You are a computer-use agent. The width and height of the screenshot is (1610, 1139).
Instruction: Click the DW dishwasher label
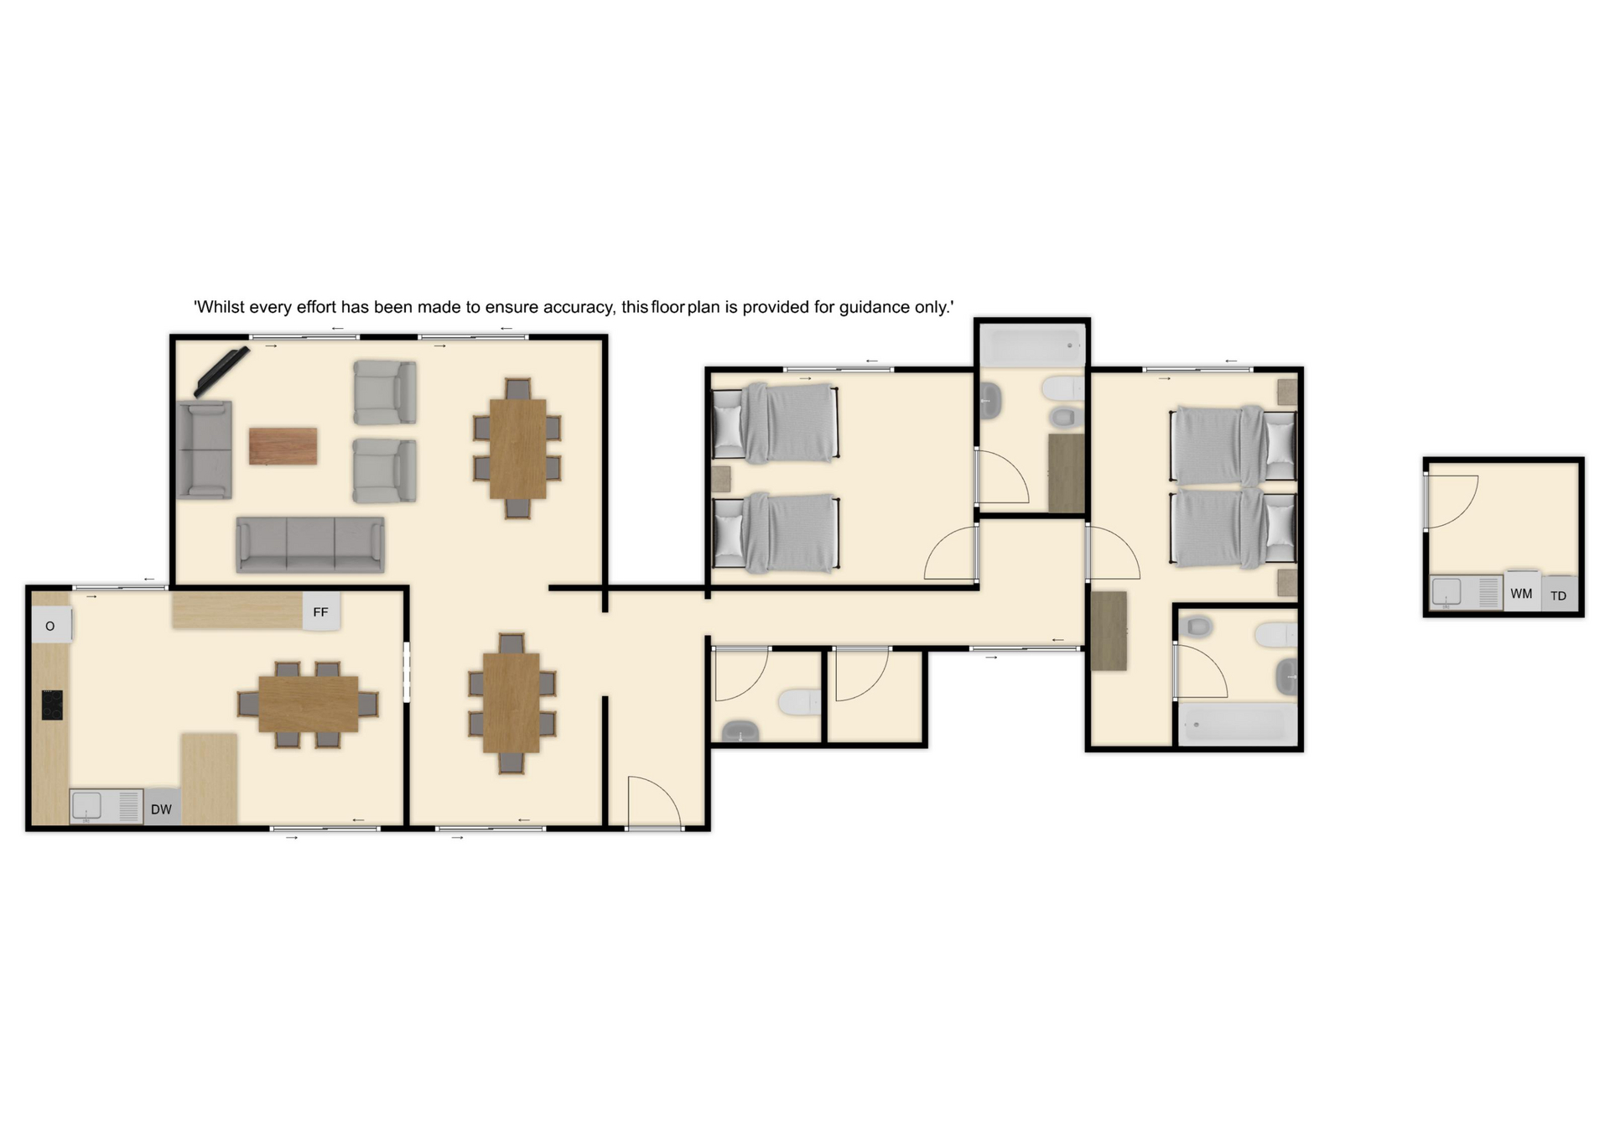[161, 809]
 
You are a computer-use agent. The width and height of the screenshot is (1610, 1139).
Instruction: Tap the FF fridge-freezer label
[320, 612]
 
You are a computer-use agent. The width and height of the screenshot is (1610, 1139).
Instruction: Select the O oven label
[49, 626]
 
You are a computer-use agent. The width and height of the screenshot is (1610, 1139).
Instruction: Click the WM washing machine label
[1521, 594]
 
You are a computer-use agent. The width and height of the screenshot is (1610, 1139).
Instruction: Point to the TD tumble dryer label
[1558, 596]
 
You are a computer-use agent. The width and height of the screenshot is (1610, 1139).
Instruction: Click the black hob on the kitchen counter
[52, 705]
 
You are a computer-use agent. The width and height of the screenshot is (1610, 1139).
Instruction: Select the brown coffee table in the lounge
[283, 445]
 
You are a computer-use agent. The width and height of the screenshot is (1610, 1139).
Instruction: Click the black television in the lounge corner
[222, 371]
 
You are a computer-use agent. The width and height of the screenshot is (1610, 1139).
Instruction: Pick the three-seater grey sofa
[310, 544]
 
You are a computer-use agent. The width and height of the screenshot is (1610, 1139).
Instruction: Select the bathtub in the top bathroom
[1032, 345]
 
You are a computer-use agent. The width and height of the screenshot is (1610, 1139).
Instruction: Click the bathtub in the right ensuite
[1237, 724]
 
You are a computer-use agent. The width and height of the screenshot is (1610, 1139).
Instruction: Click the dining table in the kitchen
[308, 703]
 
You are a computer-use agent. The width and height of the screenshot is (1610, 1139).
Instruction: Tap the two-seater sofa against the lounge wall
[204, 450]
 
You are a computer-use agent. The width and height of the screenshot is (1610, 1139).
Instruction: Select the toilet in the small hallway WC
[799, 702]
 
